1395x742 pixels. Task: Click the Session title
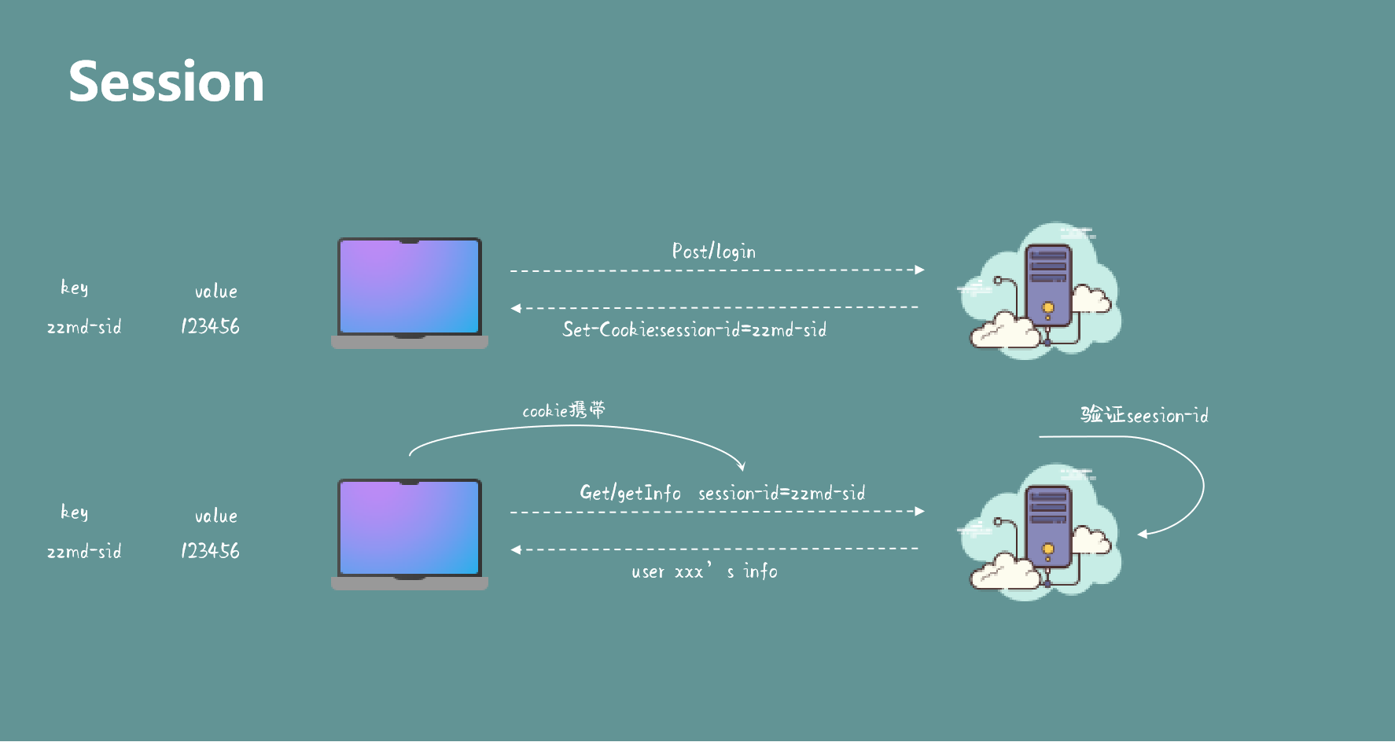(166, 82)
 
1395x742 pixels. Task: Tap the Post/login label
(713, 252)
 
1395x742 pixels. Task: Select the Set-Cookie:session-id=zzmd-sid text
(694, 330)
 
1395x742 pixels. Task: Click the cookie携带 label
(564, 410)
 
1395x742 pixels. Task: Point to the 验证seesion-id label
(1144, 415)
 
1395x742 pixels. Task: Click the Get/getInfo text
(630, 493)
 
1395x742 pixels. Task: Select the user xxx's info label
(704, 571)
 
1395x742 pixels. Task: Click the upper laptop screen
(409, 287)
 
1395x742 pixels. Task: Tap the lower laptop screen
(409, 528)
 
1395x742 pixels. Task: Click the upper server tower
(1048, 285)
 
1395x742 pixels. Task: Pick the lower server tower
(1048, 526)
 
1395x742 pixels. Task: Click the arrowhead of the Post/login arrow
(920, 270)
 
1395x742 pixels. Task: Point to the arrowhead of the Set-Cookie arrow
(516, 308)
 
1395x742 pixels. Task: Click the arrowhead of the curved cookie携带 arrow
(741, 466)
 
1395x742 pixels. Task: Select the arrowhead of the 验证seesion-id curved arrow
(1143, 534)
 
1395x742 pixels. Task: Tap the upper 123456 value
(210, 326)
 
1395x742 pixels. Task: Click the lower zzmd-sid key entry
(84, 552)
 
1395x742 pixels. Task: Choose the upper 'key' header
(74, 288)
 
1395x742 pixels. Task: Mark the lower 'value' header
(215, 516)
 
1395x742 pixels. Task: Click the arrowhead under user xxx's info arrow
(516, 549)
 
